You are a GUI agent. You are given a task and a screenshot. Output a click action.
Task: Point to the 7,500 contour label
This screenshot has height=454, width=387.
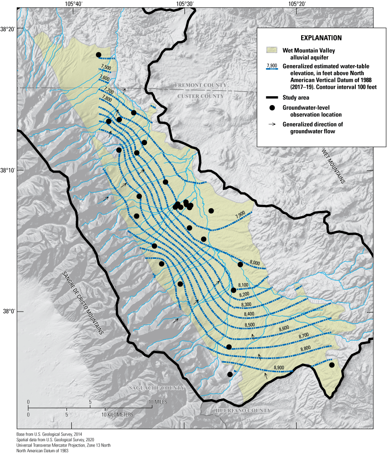click(x=106, y=67)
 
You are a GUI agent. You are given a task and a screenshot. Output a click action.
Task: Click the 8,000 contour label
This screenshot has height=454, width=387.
click(x=254, y=262)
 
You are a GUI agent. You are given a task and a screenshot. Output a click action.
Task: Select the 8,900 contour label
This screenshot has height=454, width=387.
click(x=279, y=367)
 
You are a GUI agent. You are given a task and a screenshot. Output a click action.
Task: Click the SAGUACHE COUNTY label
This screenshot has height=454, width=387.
click(x=156, y=388)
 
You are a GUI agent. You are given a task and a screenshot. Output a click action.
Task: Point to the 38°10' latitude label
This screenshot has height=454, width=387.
click(x=8, y=170)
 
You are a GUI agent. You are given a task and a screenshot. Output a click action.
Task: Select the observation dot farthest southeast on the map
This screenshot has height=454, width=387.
click(x=332, y=365)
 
